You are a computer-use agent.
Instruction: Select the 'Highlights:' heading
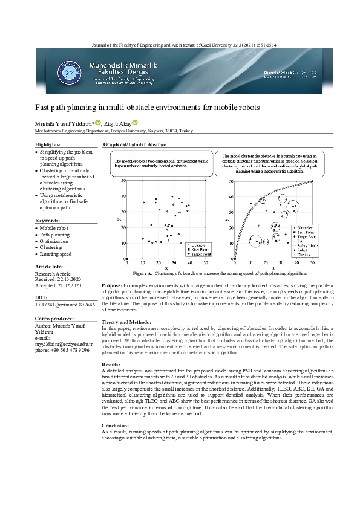click(x=48, y=145)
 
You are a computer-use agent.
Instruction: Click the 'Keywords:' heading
click(x=47, y=221)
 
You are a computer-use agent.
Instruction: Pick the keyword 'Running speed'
click(x=56, y=254)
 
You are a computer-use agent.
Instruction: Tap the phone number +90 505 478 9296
click(x=62, y=350)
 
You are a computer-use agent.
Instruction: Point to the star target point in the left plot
click(x=206, y=180)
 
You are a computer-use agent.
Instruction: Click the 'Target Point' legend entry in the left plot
click(x=201, y=254)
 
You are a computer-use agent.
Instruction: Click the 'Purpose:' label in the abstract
click(x=111, y=284)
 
